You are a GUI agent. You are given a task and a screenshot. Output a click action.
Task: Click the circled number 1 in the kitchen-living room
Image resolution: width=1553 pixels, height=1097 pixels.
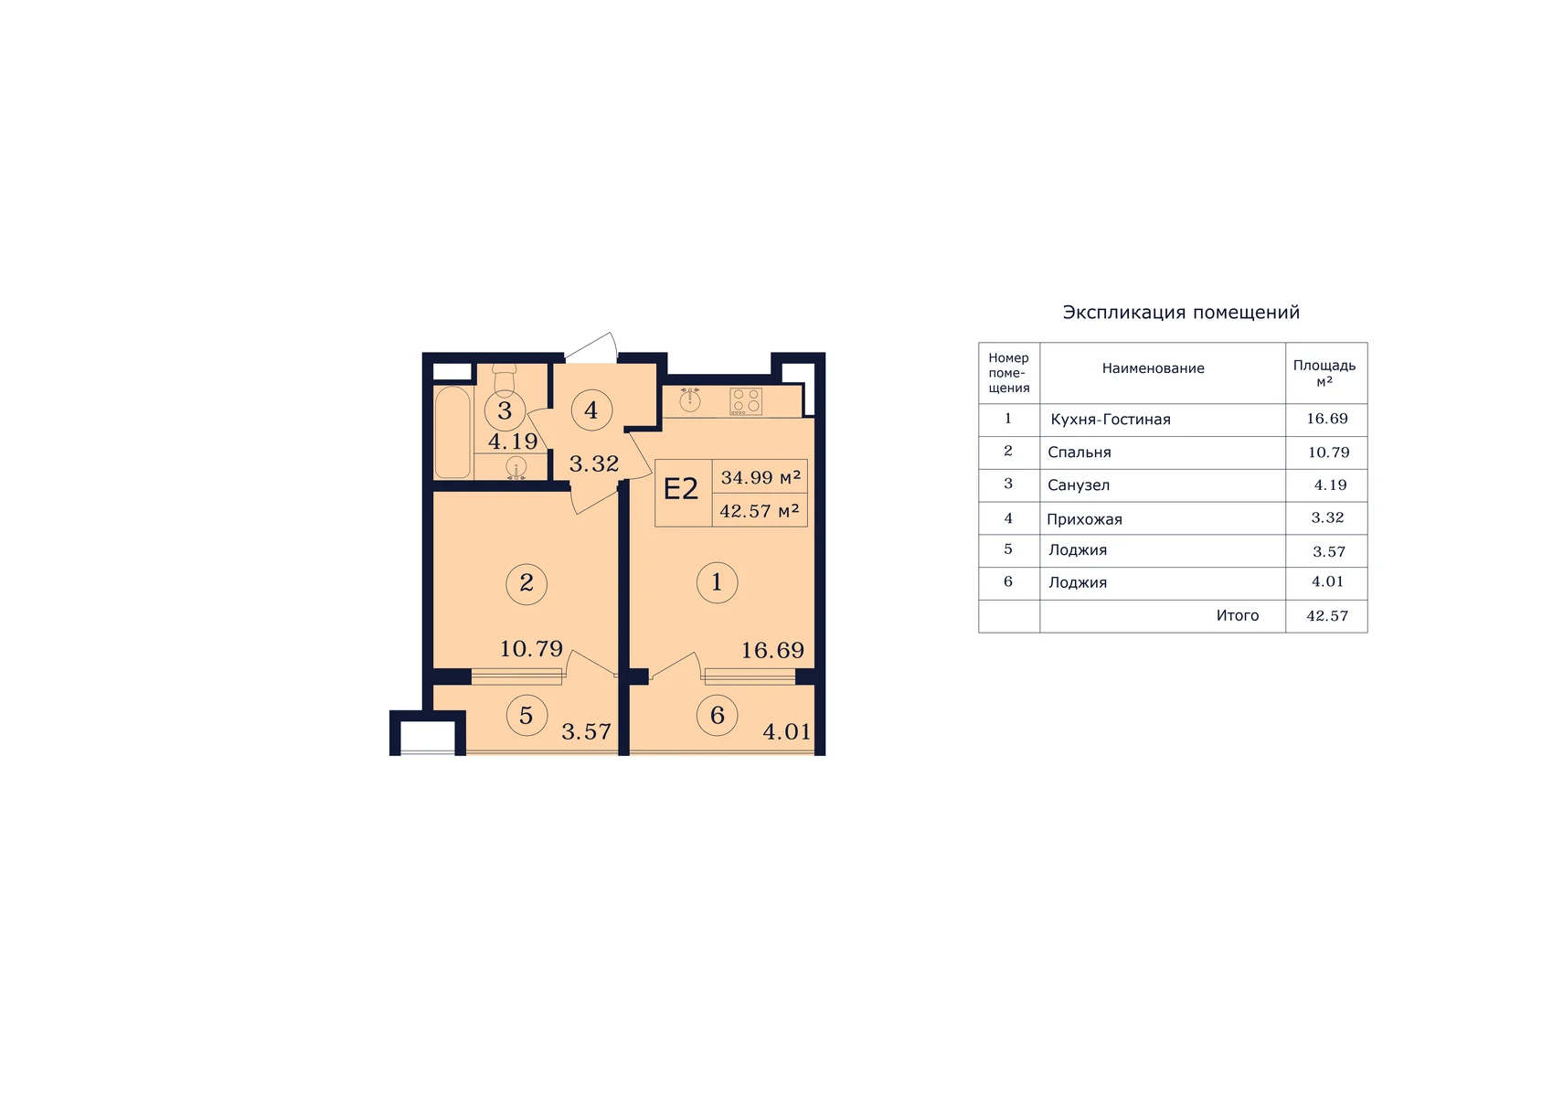pos(717,582)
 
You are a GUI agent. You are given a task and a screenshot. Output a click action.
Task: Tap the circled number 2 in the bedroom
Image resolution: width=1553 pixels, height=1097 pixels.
pos(527,583)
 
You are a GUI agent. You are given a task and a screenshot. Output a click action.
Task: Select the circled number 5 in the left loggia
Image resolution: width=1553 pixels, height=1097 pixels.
pos(527,715)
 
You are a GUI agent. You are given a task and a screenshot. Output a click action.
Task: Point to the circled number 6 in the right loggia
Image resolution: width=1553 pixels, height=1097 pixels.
pos(717,715)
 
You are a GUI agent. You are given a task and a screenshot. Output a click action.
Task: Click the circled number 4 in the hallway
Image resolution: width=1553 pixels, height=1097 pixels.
pos(590,410)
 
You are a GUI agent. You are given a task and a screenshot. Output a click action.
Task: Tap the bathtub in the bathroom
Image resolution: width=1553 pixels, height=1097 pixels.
pos(452,432)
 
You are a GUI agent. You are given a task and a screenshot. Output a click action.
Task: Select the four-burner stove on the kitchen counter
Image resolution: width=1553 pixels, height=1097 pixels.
pos(746,401)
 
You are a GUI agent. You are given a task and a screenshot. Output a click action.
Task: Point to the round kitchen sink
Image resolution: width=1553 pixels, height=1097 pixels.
pos(690,399)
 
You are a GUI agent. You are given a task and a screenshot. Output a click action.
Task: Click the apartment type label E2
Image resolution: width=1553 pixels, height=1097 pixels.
pos(681,489)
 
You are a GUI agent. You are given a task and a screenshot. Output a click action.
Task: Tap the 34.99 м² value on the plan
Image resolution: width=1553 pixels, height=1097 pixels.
pos(761,477)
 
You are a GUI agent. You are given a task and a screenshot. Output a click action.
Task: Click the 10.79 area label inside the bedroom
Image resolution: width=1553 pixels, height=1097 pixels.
pos(531,648)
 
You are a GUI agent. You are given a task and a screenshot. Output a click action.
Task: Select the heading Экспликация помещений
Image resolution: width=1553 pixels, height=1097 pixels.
pos(1181,313)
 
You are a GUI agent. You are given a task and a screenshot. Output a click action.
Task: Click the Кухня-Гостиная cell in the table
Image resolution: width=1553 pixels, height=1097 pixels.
pos(1110,420)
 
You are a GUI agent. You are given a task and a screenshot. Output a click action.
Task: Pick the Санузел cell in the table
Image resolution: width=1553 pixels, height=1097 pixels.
pos(1078,485)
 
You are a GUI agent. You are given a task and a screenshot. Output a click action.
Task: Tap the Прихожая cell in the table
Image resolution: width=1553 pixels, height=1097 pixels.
pos(1084,519)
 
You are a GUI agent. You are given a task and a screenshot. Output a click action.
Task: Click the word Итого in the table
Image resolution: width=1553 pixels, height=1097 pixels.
pos(1237,615)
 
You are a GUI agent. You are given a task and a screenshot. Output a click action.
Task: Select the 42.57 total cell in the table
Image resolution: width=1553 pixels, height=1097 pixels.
pos(1327,616)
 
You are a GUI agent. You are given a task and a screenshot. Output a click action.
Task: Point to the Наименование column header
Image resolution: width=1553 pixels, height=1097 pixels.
pos(1153,368)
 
